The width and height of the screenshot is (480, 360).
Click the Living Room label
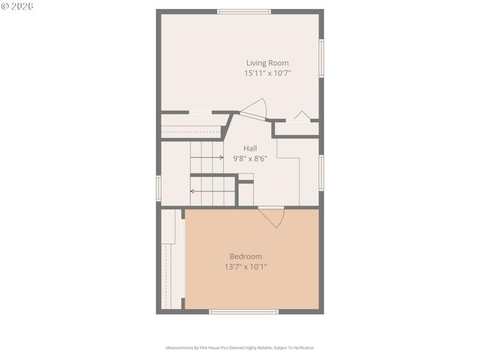click(267, 63)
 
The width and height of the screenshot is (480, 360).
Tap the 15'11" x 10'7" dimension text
click(267, 73)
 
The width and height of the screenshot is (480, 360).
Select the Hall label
click(250, 148)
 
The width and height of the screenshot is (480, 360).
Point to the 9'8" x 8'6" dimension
click(250, 159)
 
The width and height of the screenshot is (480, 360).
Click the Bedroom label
click(245, 256)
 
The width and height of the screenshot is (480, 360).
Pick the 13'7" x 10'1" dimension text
click(242, 267)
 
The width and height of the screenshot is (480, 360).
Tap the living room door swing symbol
click(255, 109)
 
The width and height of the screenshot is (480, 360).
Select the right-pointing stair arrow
click(207, 157)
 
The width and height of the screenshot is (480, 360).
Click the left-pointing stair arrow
click(212, 191)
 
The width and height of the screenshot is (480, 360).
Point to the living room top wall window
click(244, 11)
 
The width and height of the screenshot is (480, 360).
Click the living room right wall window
click(322, 58)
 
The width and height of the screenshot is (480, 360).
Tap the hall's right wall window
click(322, 173)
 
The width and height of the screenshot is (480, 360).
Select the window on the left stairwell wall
click(159, 187)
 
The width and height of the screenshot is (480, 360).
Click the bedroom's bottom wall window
click(244, 311)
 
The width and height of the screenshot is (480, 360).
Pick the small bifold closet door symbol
click(301, 115)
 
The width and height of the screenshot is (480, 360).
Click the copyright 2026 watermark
click(17, 6)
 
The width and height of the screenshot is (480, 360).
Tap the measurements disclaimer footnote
click(240, 348)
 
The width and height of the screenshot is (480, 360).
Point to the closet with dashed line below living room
click(192, 127)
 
